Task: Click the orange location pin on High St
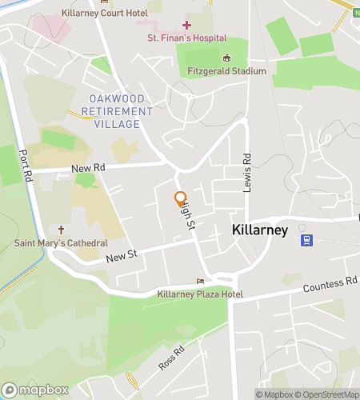coord(181,198)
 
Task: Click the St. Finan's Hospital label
coord(186,38)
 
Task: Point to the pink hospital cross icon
coord(186,26)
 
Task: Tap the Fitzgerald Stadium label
coord(226,71)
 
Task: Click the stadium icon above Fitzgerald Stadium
coord(226,58)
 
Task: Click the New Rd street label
coord(88,168)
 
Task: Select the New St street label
coord(122,255)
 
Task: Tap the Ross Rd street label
coord(171,357)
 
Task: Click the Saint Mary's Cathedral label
coord(61,242)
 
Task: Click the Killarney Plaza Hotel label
coord(200,294)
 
